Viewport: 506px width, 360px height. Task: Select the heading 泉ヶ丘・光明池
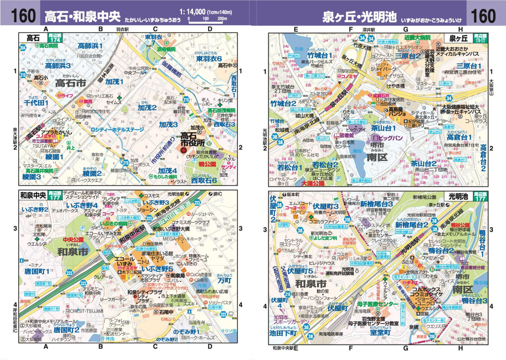tap(359, 17)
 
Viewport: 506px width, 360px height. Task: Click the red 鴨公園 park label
tap(207, 164)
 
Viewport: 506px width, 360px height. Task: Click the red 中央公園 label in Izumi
tap(73, 239)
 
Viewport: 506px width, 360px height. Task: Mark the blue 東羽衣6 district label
tap(209, 59)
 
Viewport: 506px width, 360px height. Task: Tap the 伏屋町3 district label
tap(326, 206)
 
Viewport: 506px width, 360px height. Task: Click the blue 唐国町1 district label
tap(37, 271)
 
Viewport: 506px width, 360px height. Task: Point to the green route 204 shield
tap(23, 48)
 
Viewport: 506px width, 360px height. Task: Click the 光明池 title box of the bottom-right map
tap(458, 196)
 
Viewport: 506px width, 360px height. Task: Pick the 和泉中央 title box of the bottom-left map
tap(33, 195)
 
